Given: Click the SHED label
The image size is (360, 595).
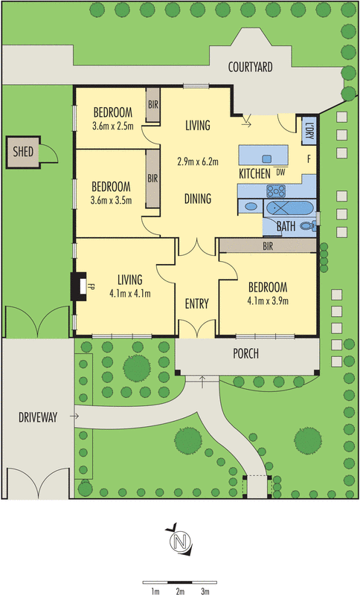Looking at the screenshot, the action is click(23, 152).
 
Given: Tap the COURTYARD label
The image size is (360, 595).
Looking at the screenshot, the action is click(250, 67).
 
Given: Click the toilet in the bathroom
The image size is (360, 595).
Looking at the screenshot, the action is click(308, 227).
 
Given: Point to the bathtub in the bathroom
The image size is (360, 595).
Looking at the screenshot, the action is click(289, 208).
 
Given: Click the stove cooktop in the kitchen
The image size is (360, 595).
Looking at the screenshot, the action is click(276, 191).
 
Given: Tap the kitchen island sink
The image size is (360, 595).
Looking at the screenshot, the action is click(267, 158).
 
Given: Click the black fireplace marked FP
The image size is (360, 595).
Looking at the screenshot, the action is click(80, 286).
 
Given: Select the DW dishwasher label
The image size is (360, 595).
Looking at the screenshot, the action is click(280, 173).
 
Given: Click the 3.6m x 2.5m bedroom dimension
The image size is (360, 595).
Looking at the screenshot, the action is click(112, 126).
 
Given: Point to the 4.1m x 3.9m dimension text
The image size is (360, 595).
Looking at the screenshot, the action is click(268, 301).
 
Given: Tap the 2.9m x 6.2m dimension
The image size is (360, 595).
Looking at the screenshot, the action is click(198, 161).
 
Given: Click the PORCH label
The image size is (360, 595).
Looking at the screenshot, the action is click(245, 354).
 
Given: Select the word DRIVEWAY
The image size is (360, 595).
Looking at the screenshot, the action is click(38, 417).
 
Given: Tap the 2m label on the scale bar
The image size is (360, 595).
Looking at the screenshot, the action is click(180, 591).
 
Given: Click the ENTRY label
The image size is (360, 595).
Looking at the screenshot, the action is click(196, 303).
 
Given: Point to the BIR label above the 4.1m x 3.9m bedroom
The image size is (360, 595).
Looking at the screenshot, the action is click(268, 246).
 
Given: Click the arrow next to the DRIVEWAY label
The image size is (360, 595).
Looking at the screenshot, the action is click(74, 416).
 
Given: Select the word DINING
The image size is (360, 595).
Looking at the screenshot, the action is click(198, 199).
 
